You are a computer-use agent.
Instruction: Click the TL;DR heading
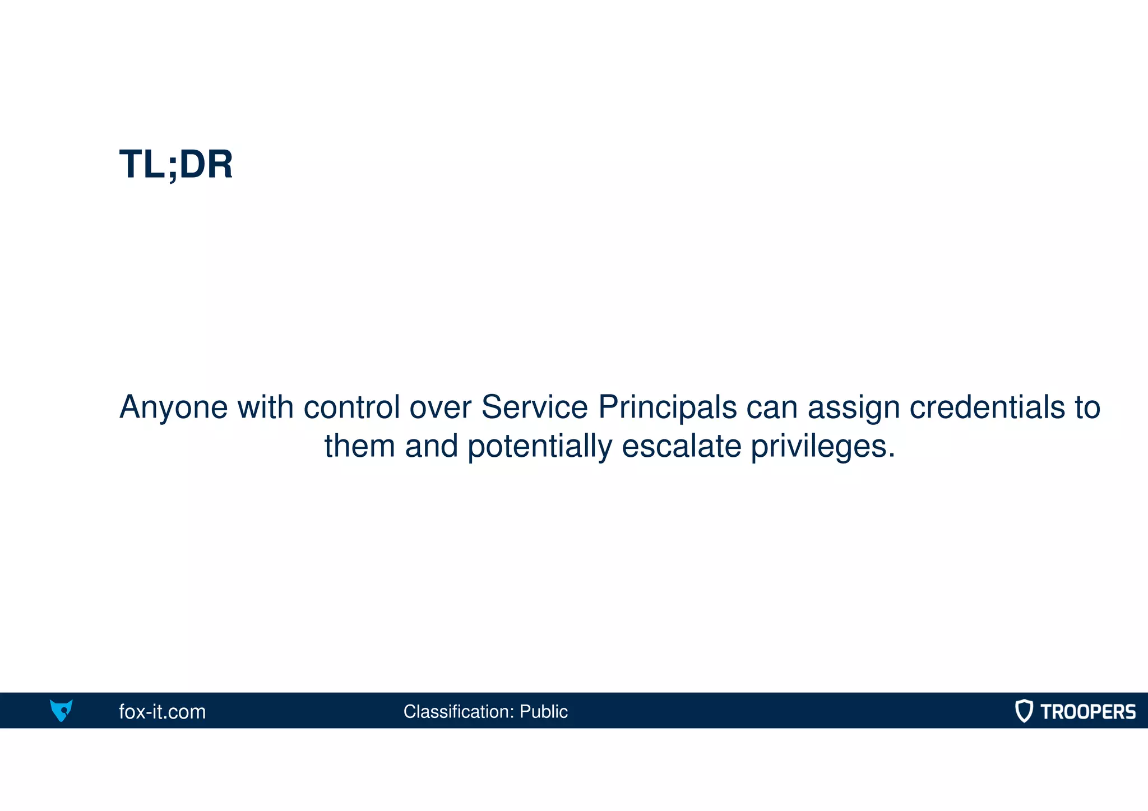pos(175,165)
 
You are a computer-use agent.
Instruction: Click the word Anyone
pos(173,407)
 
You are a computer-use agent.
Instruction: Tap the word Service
pos(534,407)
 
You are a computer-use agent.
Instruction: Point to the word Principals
pos(667,407)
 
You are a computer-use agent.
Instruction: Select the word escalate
pos(681,447)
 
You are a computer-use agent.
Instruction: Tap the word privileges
pos(822,447)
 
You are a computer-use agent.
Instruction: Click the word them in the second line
pos(359,447)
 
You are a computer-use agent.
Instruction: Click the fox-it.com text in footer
pos(162,712)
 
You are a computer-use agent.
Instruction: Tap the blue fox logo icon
pos(61,710)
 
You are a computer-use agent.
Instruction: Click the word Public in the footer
pos(543,712)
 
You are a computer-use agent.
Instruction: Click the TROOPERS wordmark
pos(1087,712)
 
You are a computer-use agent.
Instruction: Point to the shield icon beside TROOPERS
pos(1024,711)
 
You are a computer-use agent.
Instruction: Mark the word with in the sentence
pos(265,407)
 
